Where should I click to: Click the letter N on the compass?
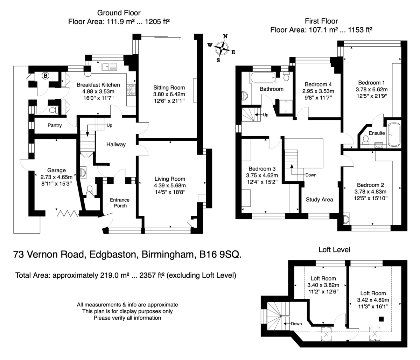[x=225, y=36]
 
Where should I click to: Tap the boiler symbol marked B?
[x=45, y=76]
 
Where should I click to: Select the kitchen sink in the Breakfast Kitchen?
[x=110, y=67]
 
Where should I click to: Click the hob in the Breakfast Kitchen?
[x=131, y=90]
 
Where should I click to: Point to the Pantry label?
[x=55, y=125]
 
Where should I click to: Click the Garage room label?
[x=56, y=170]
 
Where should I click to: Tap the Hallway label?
[x=116, y=145]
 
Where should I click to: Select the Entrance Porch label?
[x=120, y=203]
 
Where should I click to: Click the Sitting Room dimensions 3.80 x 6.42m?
[x=169, y=94]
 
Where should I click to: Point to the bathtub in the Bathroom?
[x=263, y=77]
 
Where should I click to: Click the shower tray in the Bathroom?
[x=286, y=106]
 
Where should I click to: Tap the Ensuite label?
[x=377, y=133]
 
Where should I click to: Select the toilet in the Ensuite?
[x=365, y=140]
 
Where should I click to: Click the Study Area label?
[x=320, y=200]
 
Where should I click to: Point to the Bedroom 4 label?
[x=318, y=84]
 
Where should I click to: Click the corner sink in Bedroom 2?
[x=346, y=219]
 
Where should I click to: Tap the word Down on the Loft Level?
[x=296, y=324]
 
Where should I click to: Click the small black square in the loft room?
[x=381, y=319]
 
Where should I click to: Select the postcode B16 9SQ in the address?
[x=220, y=254]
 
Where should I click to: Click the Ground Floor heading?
[x=119, y=13]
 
